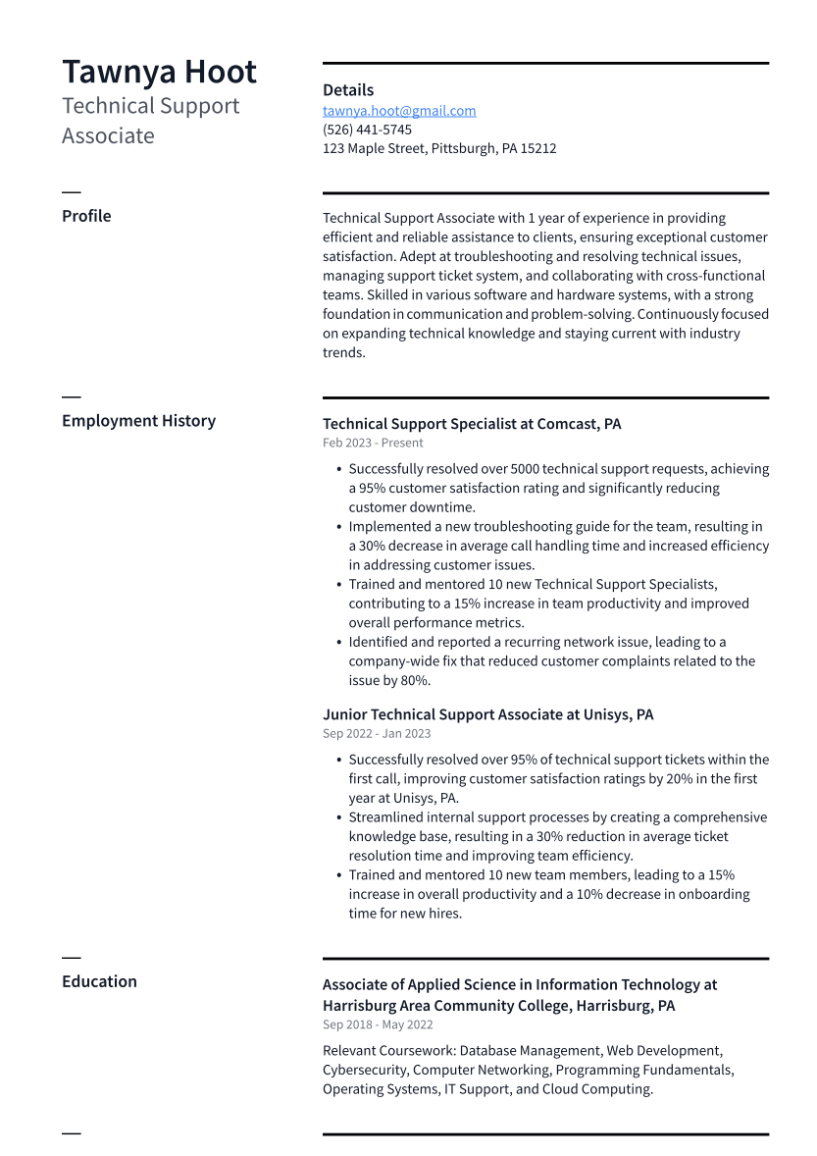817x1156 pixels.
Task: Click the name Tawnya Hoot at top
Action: pyautogui.click(x=159, y=73)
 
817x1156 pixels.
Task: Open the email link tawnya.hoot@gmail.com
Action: pyautogui.click(x=399, y=111)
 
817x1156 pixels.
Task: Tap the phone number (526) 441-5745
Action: pyautogui.click(x=367, y=130)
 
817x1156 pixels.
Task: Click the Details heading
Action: pyautogui.click(x=348, y=90)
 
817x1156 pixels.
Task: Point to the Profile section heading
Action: pyautogui.click(x=86, y=216)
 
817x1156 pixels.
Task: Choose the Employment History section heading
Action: pyautogui.click(x=138, y=421)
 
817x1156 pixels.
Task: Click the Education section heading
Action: pyautogui.click(x=99, y=981)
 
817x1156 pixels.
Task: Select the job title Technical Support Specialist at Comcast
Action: pyautogui.click(x=472, y=424)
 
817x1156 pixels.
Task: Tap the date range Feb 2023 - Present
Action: pyautogui.click(x=373, y=443)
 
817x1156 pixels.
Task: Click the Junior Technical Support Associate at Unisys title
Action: pyautogui.click(x=487, y=714)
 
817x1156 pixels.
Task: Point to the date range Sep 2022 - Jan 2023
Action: pyautogui.click(x=377, y=733)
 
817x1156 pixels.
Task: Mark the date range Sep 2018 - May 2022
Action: pyautogui.click(x=378, y=1025)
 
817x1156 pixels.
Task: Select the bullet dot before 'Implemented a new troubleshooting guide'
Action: pyautogui.click(x=338, y=527)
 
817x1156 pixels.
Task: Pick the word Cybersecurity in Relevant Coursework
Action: pyautogui.click(x=365, y=1070)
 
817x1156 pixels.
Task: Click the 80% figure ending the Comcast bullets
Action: pyautogui.click(x=415, y=680)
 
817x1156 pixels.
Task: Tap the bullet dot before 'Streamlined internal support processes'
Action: pyautogui.click(x=338, y=817)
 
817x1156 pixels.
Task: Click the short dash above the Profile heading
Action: pyautogui.click(x=72, y=192)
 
